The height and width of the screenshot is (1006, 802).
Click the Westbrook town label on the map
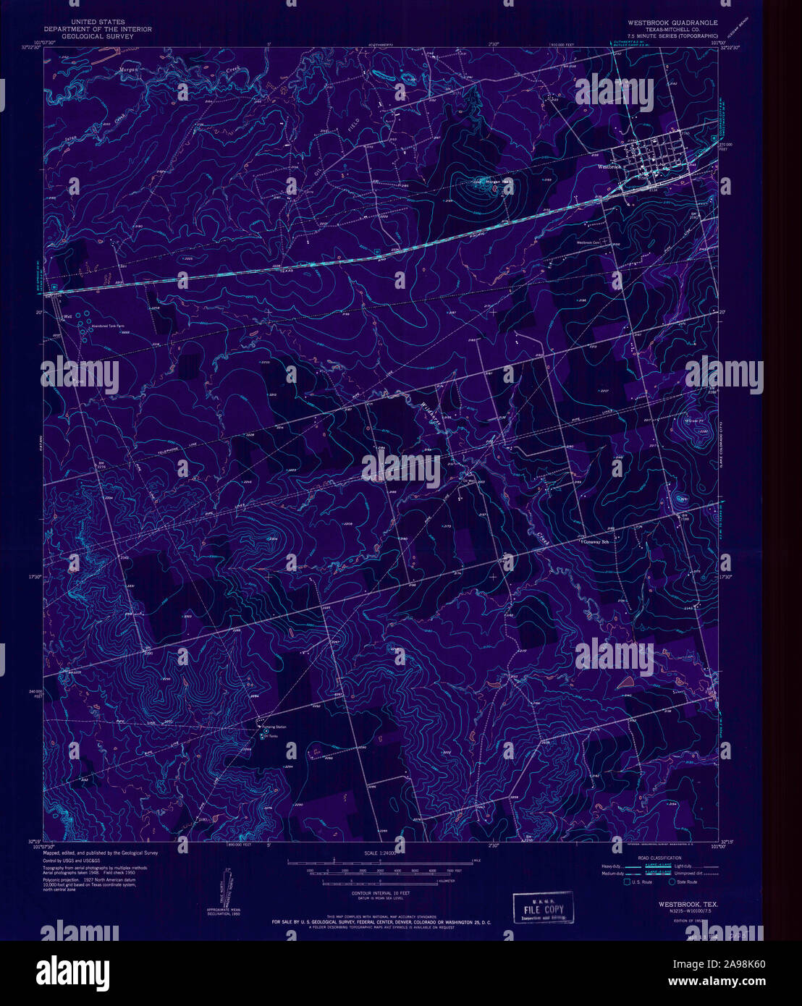(609, 166)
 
